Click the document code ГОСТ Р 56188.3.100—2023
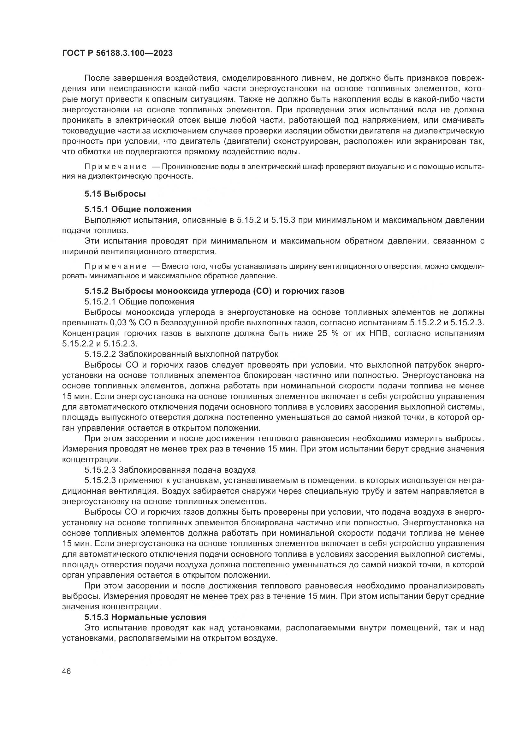[x=117, y=53]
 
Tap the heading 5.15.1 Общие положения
[x=138, y=210]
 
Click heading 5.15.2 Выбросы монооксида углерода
[x=214, y=291]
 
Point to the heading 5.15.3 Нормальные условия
[x=145, y=617]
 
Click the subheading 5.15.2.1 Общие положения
[x=139, y=302]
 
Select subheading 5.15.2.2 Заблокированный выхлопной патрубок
[x=181, y=354]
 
